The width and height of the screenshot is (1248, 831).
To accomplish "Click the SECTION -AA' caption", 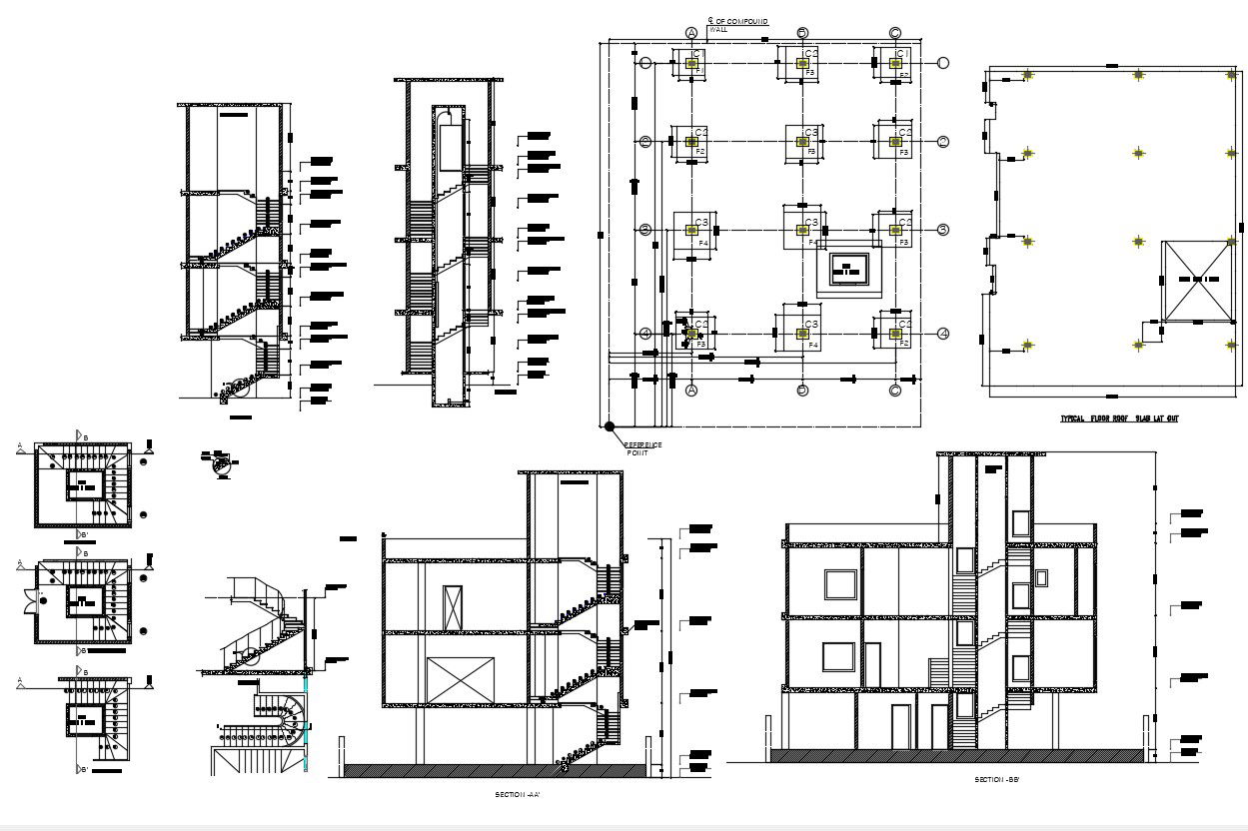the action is pos(519,795).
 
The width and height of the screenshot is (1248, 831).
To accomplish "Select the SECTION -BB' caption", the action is pos(997,778).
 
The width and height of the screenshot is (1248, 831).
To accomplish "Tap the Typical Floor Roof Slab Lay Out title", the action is pos(1119,418).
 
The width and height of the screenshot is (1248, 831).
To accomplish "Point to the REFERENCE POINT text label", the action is pos(642,448).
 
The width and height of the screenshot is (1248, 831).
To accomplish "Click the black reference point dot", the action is pos(610,426).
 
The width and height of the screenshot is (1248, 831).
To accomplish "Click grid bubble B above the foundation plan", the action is pos(802,32).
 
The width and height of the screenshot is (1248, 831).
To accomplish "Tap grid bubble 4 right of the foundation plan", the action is pos(942,334).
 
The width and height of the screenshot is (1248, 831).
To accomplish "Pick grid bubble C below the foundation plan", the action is pos(894,391).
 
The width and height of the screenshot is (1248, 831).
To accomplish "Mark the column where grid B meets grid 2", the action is pos(801,142).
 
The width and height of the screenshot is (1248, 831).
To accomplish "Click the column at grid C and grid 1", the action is pos(895,63).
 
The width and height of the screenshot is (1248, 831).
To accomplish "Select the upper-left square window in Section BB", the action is pos(840,585).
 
